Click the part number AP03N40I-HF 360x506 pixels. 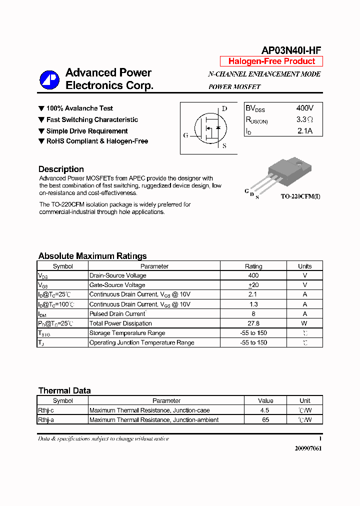coord(291,50)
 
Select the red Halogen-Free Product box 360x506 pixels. coord(271,61)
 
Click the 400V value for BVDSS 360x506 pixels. coord(304,108)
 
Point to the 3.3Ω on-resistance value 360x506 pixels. coord(304,119)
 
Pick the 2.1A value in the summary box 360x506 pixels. coord(304,131)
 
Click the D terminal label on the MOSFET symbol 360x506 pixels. coord(224,108)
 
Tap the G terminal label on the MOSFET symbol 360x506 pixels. coord(185,135)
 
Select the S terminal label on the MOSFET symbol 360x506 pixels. coord(224,146)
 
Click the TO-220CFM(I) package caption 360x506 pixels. coord(300,196)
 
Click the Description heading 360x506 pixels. coord(61,169)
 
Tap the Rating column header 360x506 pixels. coord(253,266)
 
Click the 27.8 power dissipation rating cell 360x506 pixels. coord(253,323)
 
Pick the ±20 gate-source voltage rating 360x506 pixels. coord(253,285)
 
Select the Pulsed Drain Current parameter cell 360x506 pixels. coord(117,314)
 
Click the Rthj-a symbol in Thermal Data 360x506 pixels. coord(46,420)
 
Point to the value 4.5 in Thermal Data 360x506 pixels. coord(265,410)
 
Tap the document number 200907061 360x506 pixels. coord(308,448)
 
